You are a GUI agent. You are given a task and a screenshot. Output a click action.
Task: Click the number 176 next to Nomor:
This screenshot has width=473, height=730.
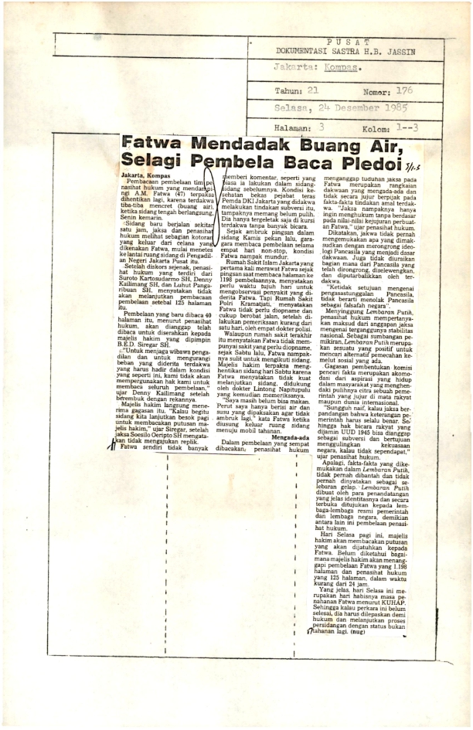click(x=404, y=90)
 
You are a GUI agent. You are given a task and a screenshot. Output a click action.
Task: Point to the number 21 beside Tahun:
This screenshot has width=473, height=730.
click(x=312, y=90)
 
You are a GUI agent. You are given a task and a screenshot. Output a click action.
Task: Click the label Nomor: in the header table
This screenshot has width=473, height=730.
click(x=376, y=90)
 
